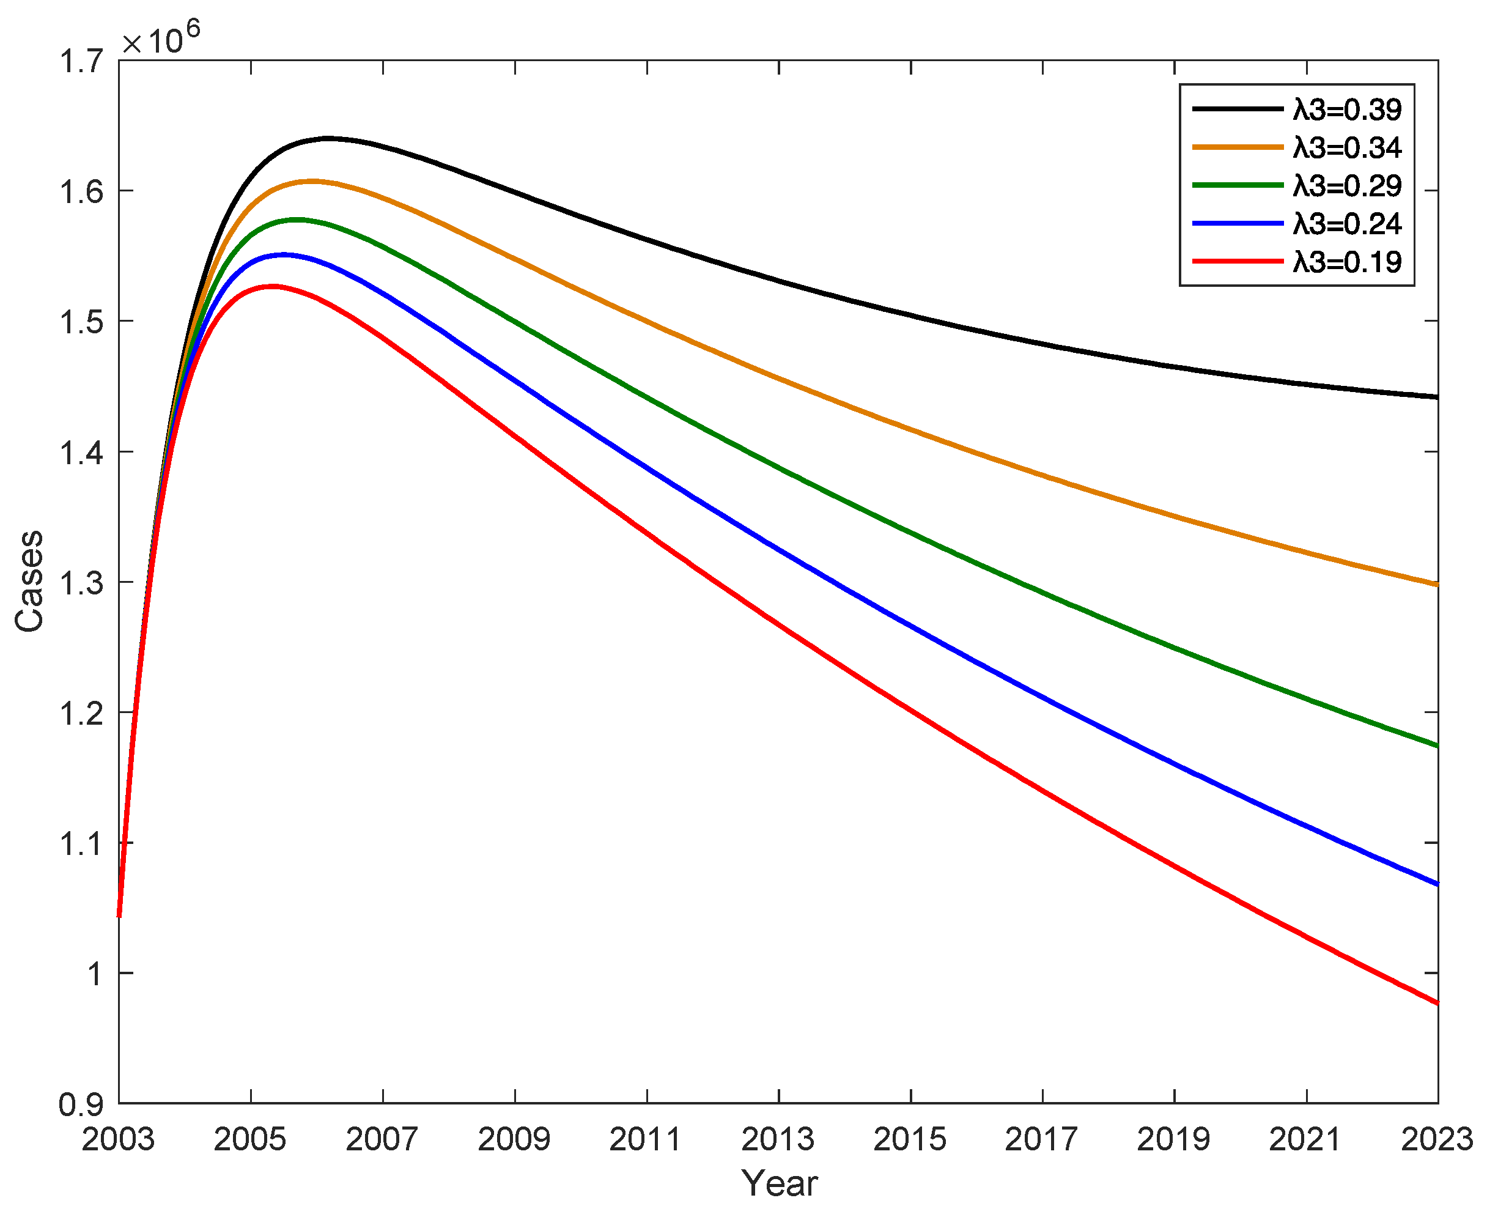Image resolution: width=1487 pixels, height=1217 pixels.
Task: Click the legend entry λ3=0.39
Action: pos(1346,110)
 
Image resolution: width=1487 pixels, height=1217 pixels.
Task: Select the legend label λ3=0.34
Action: pos(1346,148)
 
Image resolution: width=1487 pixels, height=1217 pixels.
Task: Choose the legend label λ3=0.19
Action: pos(1346,262)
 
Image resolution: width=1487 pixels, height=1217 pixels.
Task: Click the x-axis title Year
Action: pos(778,1184)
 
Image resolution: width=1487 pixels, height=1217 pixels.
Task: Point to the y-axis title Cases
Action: pos(30,581)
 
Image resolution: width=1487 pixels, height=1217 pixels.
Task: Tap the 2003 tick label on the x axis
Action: pos(118,1140)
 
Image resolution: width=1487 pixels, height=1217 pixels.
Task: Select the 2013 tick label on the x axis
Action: pos(778,1140)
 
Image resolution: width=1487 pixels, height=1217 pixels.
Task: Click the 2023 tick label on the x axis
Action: pos(1436,1140)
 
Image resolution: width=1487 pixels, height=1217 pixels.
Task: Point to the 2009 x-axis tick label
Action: pos(514,1140)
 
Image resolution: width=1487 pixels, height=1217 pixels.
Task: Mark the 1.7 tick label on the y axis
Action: pos(81,62)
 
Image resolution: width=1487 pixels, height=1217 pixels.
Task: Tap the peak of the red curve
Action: pos(272,286)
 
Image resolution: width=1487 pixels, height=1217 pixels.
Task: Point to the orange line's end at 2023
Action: pos(1436,584)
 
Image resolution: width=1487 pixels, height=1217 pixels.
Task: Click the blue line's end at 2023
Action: pos(1436,884)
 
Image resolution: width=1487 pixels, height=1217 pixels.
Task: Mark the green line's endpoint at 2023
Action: pos(1436,745)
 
